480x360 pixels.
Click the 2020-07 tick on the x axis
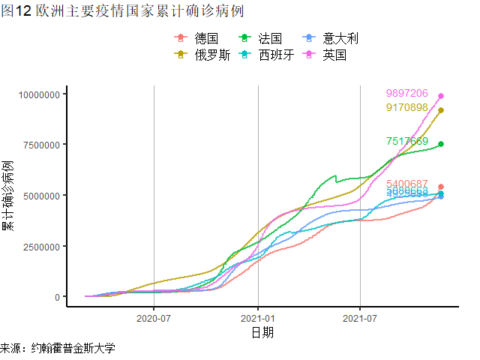coord(154,318)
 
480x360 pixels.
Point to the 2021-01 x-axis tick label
coord(258,318)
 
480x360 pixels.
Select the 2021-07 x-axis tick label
coord(361,318)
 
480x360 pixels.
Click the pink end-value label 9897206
coord(407,94)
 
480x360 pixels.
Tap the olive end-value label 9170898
coord(407,107)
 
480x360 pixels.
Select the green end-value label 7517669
coord(407,142)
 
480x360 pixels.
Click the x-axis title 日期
coord(262,332)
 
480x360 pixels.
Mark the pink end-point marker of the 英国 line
coord(441,96)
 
